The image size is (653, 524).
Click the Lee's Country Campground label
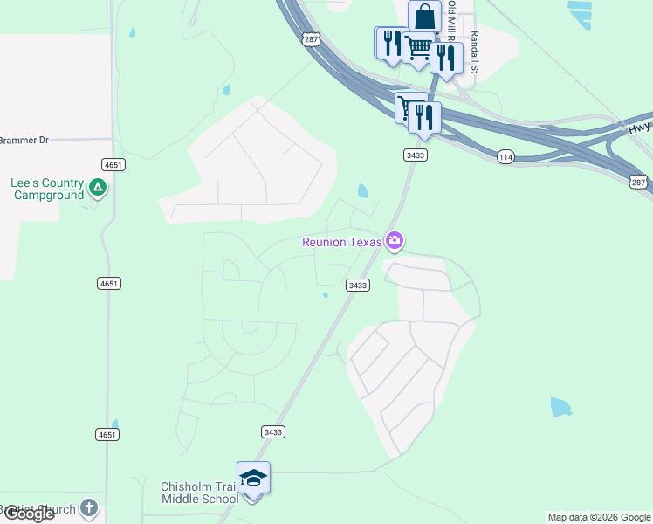48,189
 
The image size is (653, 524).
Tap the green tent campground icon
98,187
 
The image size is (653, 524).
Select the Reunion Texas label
343,242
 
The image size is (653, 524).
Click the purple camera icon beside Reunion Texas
395,240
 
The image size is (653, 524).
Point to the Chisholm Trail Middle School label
199,493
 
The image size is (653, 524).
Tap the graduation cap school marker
253,478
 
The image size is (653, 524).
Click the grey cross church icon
88,507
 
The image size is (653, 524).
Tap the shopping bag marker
424,17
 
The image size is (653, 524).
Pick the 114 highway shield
505,156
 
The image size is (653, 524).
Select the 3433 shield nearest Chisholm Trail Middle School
272,431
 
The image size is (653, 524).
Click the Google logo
28,514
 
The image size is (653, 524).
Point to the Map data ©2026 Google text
599,517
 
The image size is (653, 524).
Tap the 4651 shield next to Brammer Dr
112,164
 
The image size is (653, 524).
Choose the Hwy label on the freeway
639,128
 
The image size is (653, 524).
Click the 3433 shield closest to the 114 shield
415,155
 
